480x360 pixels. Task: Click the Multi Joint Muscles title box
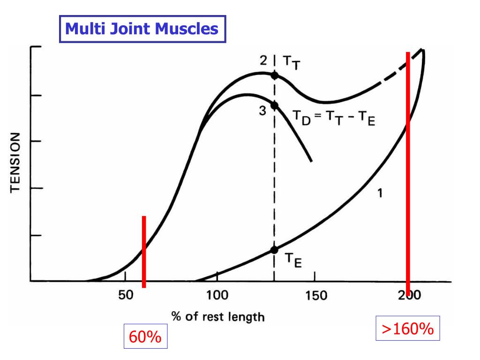pyautogui.click(x=142, y=29)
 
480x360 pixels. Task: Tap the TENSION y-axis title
pyautogui.click(x=15, y=162)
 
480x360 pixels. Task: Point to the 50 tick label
pyautogui.click(x=125, y=296)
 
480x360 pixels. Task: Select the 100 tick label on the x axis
pyautogui.click(x=217, y=296)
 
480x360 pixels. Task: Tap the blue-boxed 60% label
pyautogui.click(x=145, y=337)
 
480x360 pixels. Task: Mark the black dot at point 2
pyautogui.click(x=275, y=75)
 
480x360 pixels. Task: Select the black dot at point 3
pyautogui.click(x=275, y=105)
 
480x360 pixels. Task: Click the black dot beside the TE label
pyautogui.click(x=275, y=249)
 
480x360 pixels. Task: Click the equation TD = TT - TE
pyautogui.click(x=334, y=120)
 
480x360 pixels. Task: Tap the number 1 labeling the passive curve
pyautogui.click(x=380, y=192)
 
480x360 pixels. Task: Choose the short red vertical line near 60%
pyautogui.click(x=144, y=252)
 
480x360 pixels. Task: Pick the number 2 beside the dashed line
pyautogui.click(x=263, y=60)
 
